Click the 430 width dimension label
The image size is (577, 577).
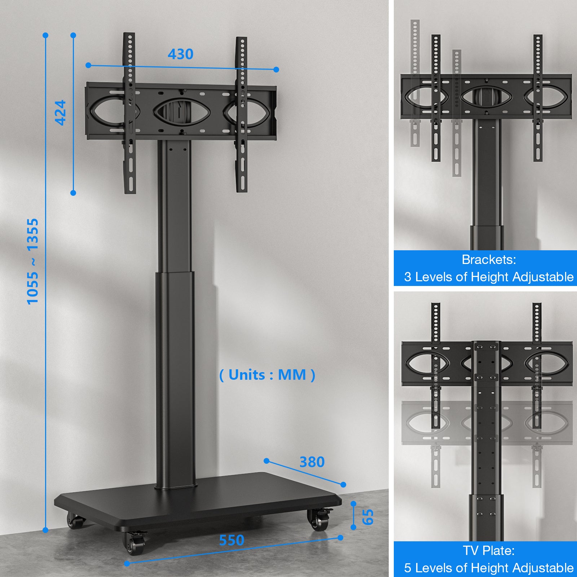point(181,54)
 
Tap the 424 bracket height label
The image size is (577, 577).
point(61,113)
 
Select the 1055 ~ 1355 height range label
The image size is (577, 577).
point(32,261)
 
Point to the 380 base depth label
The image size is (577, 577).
point(312,462)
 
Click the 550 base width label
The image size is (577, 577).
point(232,540)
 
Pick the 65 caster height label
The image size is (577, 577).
point(368,517)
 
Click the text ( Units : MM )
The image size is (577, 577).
point(267,375)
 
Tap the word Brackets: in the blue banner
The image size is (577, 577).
point(489,260)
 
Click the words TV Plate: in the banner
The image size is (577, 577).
point(489,551)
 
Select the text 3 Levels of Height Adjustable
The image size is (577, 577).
point(489,277)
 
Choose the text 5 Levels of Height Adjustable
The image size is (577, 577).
point(489,568)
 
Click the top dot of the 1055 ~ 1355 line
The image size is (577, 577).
point(45,35)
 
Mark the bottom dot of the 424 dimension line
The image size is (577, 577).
point(73,193)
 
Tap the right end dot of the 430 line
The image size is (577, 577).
point(276,70)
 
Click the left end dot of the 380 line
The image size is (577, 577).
point(267,461)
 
